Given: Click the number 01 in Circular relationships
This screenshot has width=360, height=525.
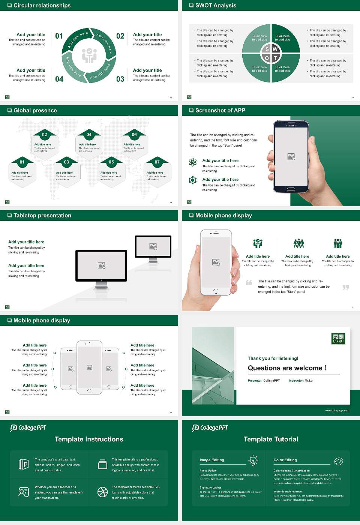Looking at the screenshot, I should pyautogui.click(x=59, y=36).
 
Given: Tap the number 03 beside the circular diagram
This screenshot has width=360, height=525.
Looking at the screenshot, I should pyautogui.click(x=120, y=79).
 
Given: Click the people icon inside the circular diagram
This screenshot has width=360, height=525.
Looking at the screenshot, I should pyautogui.click(x=89, y=55).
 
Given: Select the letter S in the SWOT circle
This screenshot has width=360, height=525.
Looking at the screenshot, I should pyautogui.click(x=267, y=49).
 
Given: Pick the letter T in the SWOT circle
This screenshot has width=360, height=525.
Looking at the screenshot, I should pyautogui.click(x=275, y=58).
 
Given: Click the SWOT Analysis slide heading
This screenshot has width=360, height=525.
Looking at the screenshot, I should pyautogui.click(x=216, y=5).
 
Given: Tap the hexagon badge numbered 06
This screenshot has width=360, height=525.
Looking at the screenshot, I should pyautogui.click(x=134, y=135).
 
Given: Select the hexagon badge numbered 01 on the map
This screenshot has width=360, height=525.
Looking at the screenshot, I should pyautogui.click(x=22, y=162).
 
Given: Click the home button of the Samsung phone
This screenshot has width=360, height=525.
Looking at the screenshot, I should pyautogui.click(x=291, y=190).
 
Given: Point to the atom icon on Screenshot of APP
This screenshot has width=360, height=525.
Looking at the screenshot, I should pyautogui.click(x=193, y=162).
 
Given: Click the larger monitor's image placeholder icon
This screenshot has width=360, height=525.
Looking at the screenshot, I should pyautogui.click(x=101, y=265).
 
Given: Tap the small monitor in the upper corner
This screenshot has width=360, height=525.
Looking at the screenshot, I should pyautogui.click(x=153, y=247).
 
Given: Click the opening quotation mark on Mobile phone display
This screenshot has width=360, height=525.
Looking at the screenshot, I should pyautogui.click(x=249, y=282).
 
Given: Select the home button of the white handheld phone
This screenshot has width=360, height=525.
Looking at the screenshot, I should pyautogui.click(x=216, y=291).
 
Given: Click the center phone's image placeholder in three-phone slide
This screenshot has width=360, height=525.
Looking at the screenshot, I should pyautogui.click(x=89, y=367).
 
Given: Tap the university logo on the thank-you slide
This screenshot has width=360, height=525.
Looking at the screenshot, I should pyautogui.click(x=338, y=338).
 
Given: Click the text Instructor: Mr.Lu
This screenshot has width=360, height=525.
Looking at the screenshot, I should pyautogui.click(x=300, y=381).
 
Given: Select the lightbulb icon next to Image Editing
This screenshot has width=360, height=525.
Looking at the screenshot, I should pyautogui.click(x=253, y=460).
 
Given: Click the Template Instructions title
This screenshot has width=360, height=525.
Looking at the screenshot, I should pyautogui.click(x=89, y=439).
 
